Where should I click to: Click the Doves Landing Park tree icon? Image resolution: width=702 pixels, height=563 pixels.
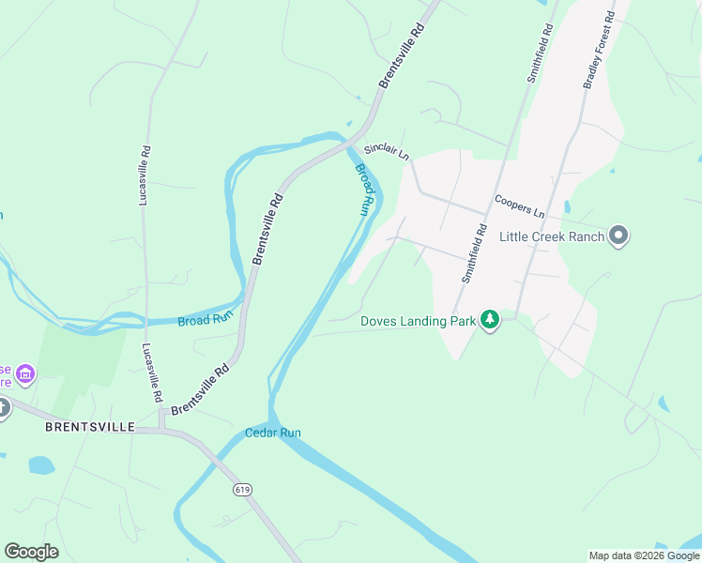489,321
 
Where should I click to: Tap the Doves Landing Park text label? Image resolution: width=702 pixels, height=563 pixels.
419,321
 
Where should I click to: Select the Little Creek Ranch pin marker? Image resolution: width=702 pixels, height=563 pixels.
618,236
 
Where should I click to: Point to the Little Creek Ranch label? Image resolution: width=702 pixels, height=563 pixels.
552,236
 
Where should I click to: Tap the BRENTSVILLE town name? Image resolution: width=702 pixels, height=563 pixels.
90,427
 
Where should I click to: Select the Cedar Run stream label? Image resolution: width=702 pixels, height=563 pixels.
272,433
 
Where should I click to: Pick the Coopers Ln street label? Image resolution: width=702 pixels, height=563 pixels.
519,205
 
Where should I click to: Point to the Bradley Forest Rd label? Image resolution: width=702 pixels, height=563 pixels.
598,50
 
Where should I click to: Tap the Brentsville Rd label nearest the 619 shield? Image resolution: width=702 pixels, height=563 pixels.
200,390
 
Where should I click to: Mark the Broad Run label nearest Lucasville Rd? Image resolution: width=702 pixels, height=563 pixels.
205,321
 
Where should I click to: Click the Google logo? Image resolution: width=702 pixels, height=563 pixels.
31,552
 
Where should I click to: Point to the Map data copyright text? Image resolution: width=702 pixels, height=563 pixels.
643,555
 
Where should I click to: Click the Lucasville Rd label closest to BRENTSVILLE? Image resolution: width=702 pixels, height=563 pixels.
150,373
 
